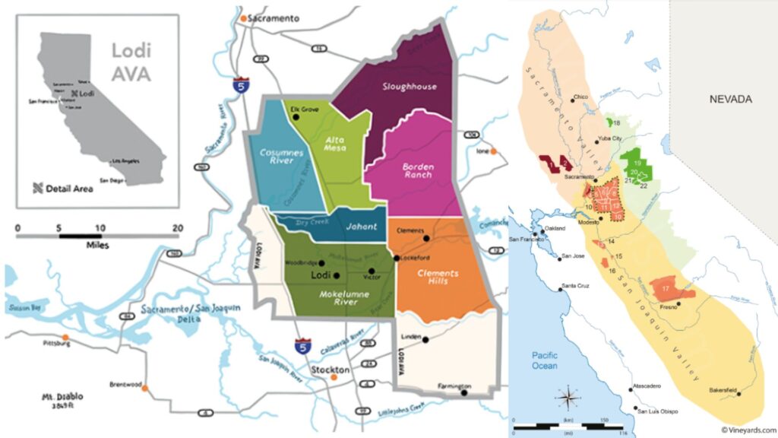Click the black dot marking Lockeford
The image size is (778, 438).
pyautogui.click(x=396, y=258)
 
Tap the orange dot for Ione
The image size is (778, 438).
pyautogui.click(x=492, y=152)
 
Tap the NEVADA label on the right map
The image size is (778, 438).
pyautogui.click(x=730, y=100)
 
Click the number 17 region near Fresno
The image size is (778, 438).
pyautogui.click(x=666, y=288)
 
